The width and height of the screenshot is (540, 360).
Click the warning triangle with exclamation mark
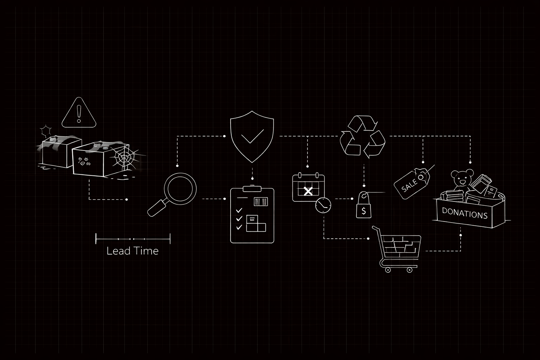[x=79, y=113]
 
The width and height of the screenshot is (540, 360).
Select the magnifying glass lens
[x=180, y=189]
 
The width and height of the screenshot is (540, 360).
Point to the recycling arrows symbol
[x=362, y=136]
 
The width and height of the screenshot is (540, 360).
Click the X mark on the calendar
[x=308, y=192]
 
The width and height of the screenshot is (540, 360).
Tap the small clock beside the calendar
[x=323, y=205]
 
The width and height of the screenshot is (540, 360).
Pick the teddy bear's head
[x=462, y=178]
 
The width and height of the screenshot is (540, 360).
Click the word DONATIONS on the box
[x=465, y=213]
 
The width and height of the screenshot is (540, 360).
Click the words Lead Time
[x=133, y=251]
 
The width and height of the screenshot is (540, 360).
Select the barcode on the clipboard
[x=261, y=201]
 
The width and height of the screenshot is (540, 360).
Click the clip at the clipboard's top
[x=252, y=188]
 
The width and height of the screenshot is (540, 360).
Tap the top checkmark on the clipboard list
[x=239, y=210]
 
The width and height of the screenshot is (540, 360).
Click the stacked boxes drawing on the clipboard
[x=256, y=224]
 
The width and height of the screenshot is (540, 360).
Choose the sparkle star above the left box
[x=46, y=131]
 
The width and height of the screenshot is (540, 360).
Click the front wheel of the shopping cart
[x=388, y=270]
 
